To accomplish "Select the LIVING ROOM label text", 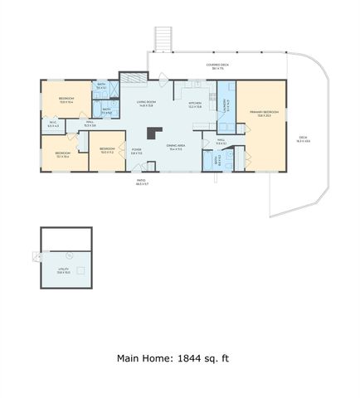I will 147,104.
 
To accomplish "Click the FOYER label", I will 136,151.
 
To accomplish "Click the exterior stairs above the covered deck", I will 163,37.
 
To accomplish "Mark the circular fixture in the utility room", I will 70,255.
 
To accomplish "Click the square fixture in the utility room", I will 81,269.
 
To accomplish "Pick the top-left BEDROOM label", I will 66,99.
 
